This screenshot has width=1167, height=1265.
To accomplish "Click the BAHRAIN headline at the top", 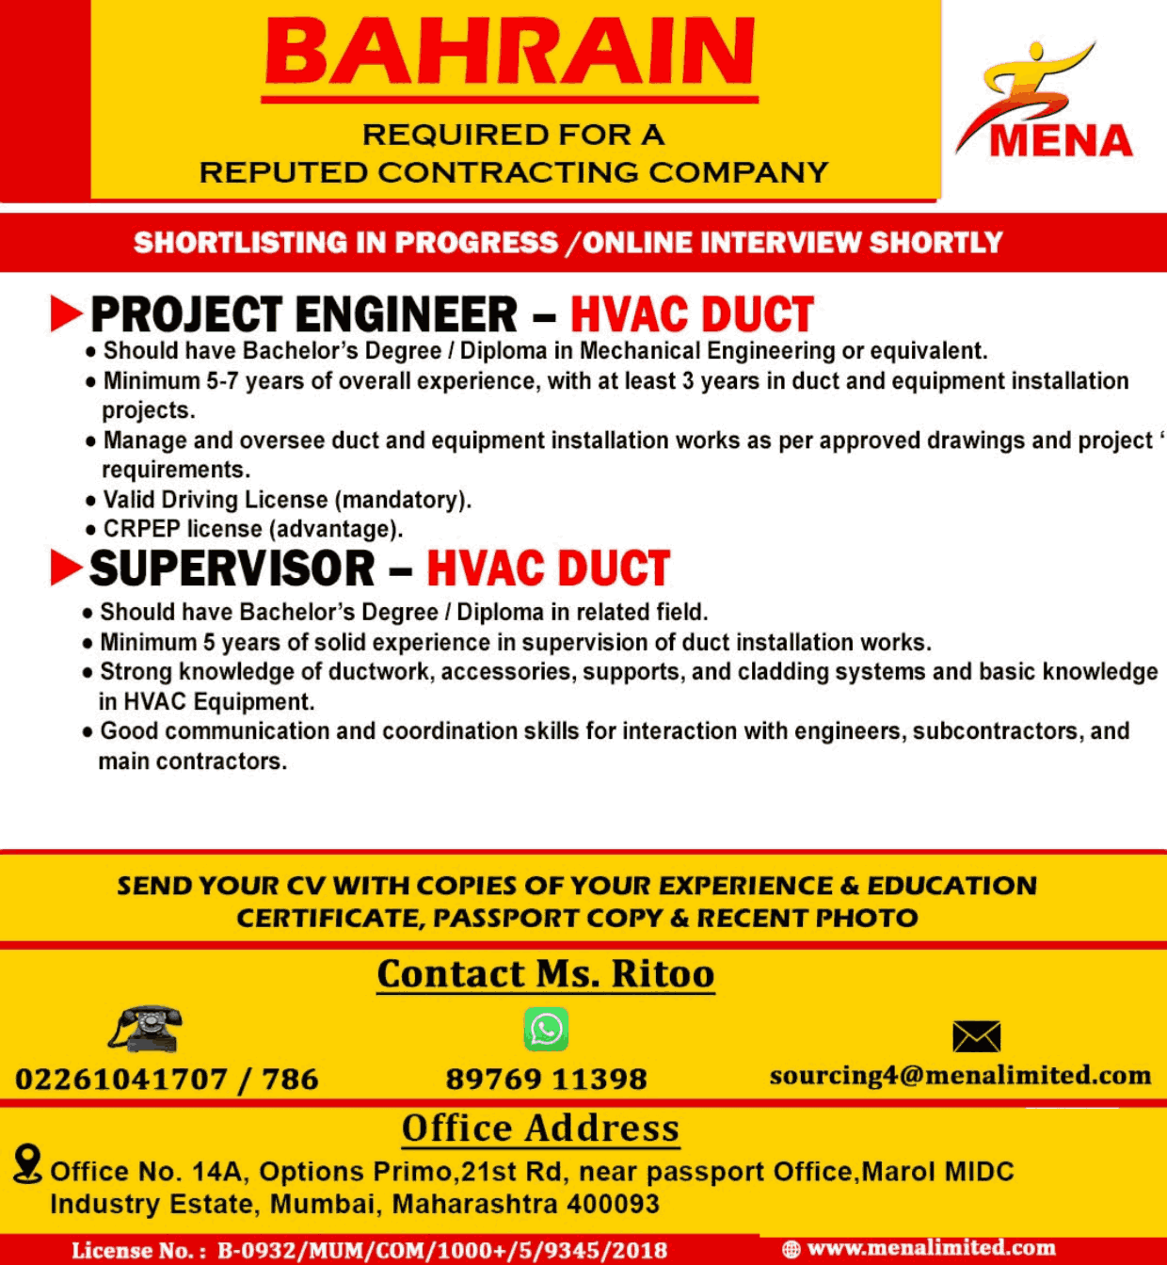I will (x=510, y=52).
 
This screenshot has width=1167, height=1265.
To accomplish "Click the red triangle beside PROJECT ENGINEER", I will (x=66, y=313).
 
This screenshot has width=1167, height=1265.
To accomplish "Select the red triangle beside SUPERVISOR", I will (x=66, y=568).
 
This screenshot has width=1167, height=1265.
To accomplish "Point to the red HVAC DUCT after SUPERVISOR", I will (x=548, y=568).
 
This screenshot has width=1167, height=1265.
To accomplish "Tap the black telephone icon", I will (x=146, y=1029).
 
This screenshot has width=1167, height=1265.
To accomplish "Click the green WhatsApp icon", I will (x=546, y=1029).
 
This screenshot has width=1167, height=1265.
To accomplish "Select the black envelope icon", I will (x=976, y=1036).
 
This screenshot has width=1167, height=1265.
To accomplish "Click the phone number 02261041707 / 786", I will (x=167, y=1079).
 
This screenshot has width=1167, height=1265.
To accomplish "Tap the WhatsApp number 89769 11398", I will (x=546, y=1079).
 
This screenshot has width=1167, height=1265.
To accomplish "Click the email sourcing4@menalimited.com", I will (x=960, y=1076).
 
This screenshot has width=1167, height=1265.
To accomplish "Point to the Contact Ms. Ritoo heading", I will (x=545, y=974).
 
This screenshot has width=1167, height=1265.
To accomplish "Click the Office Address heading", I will (x=540, y=1129).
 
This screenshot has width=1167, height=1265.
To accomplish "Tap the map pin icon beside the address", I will (x=28, y=1163).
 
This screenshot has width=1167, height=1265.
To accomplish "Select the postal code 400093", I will (x=615, y=1204).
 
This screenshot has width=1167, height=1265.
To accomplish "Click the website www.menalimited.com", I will (x=931, y=1248).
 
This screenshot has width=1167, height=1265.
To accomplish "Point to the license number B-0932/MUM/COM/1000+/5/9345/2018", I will (x=442, y=1251).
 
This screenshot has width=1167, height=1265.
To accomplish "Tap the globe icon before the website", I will (x=791, y=1249).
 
